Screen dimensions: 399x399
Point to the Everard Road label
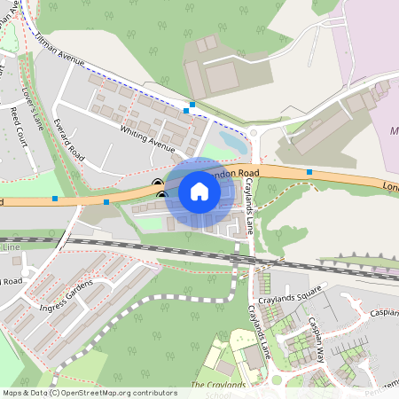[x=67, y=139]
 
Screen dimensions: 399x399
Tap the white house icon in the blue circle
[x=199, y=191]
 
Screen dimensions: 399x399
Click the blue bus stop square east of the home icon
[x=309, y=171]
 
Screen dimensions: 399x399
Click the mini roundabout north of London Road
[x=254, y=134]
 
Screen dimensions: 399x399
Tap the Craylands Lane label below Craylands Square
[x=256, y=332]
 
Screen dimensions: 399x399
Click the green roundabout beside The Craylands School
[x=276, y=379]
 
